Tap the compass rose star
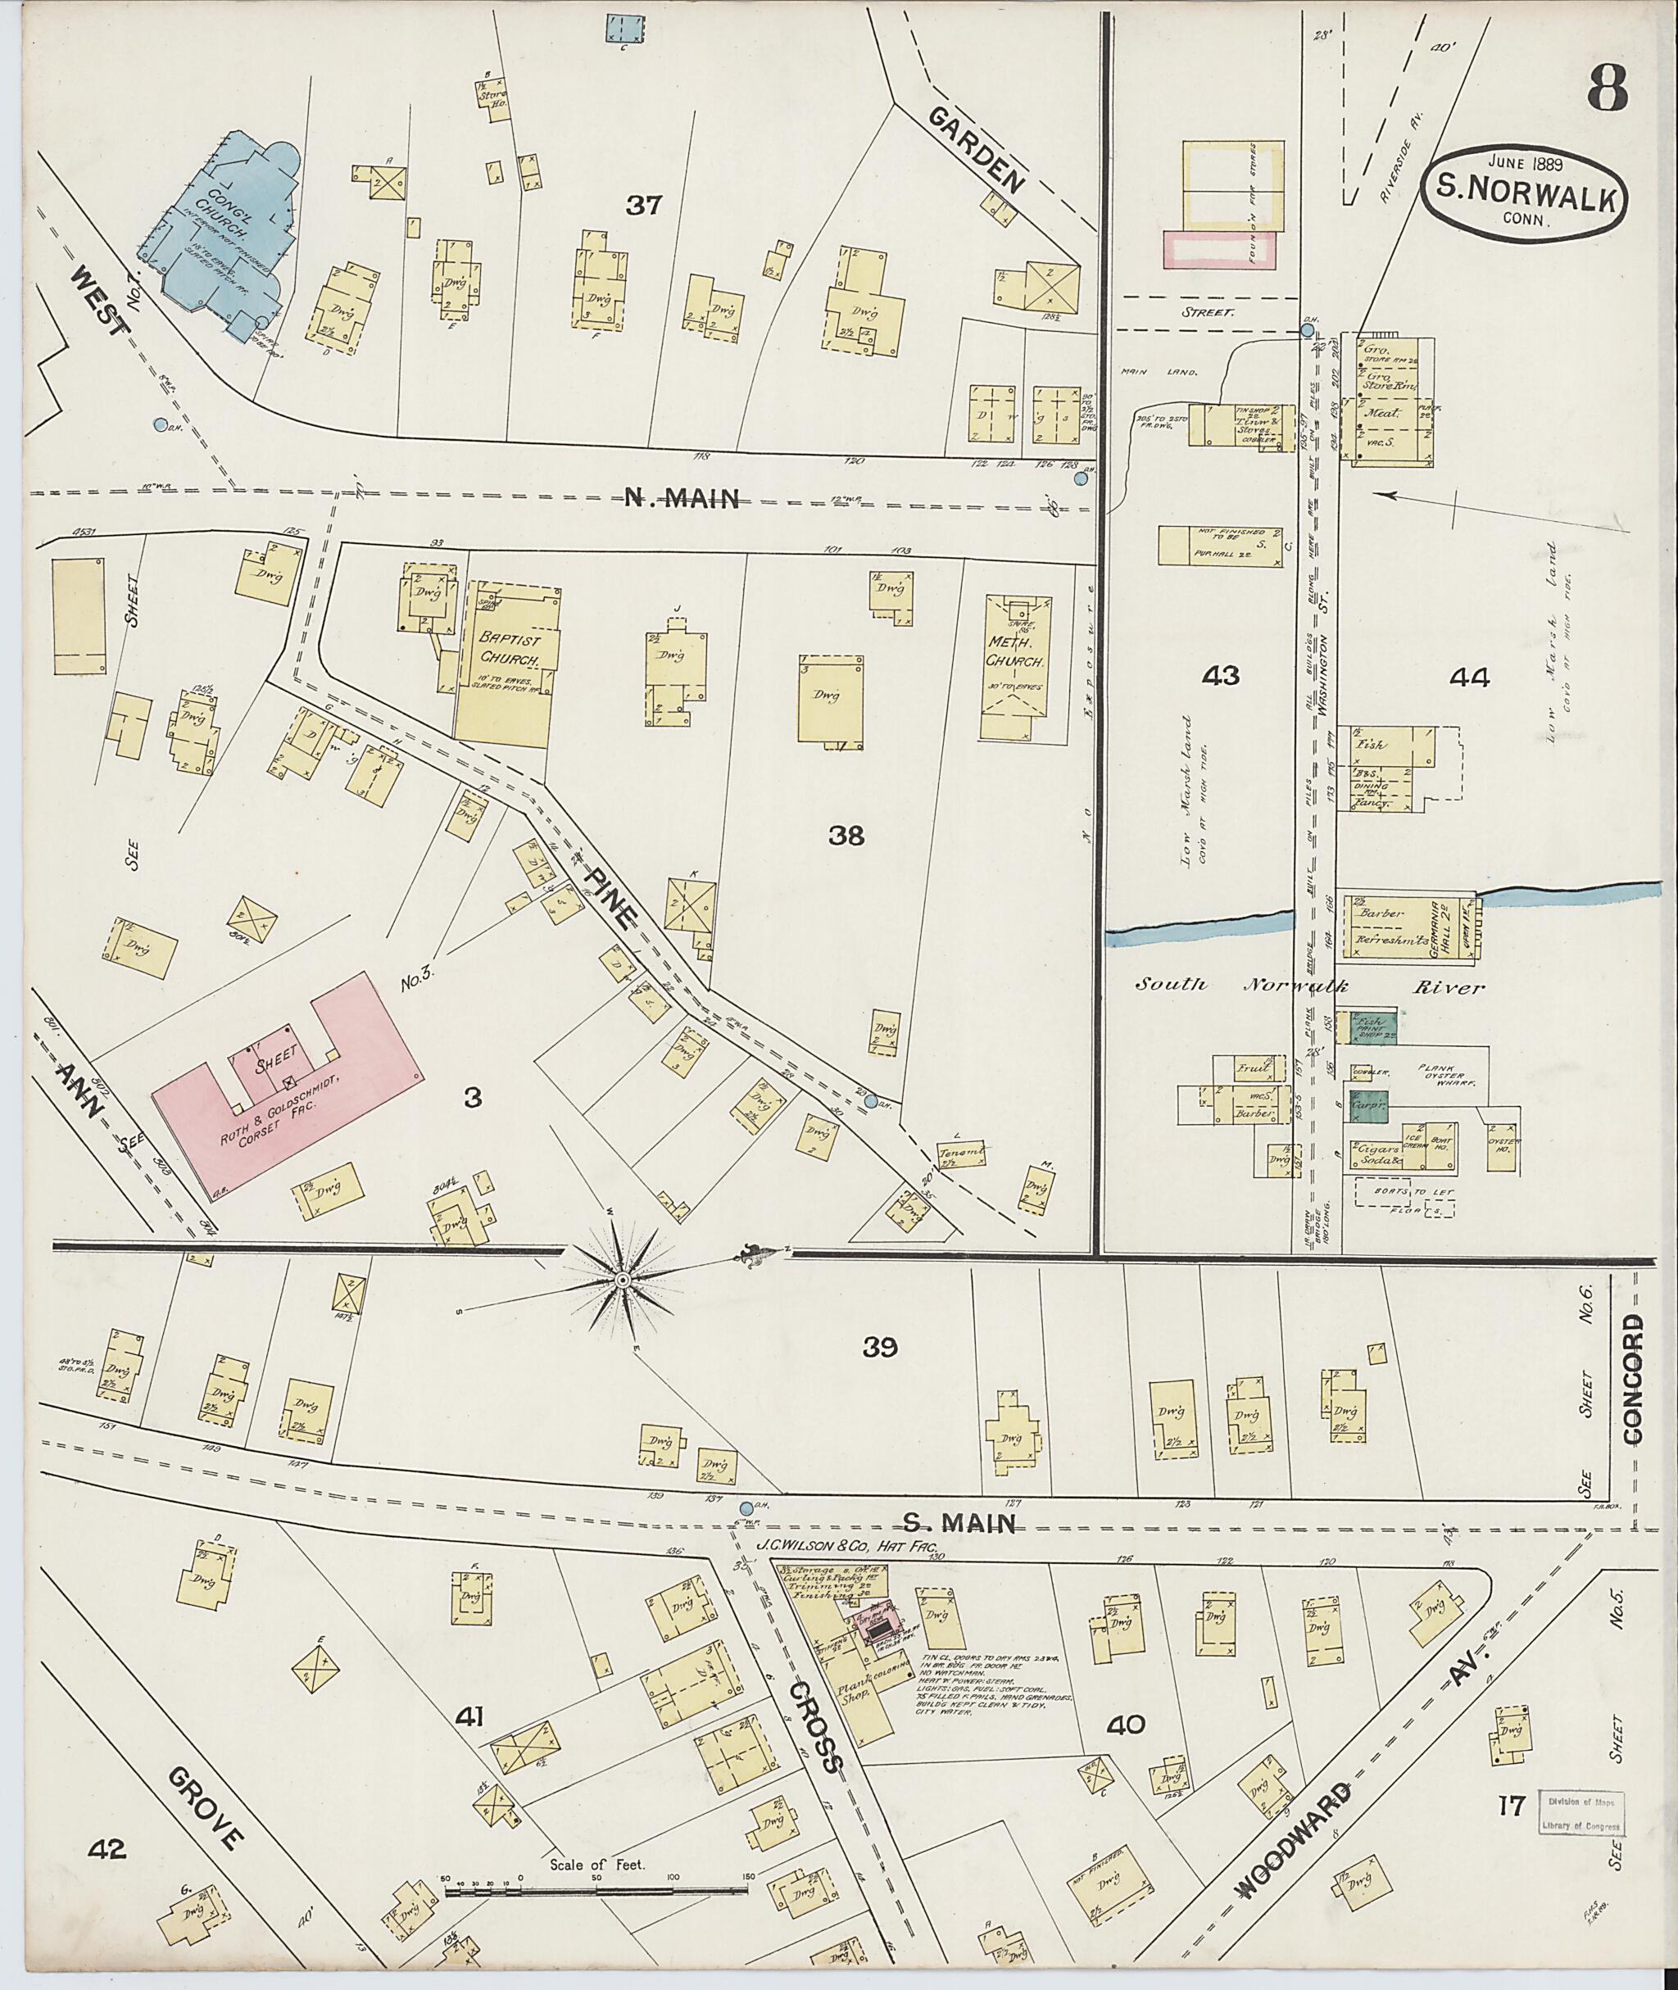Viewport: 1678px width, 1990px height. (621, 1281)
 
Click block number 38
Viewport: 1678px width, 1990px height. (845, 835)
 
